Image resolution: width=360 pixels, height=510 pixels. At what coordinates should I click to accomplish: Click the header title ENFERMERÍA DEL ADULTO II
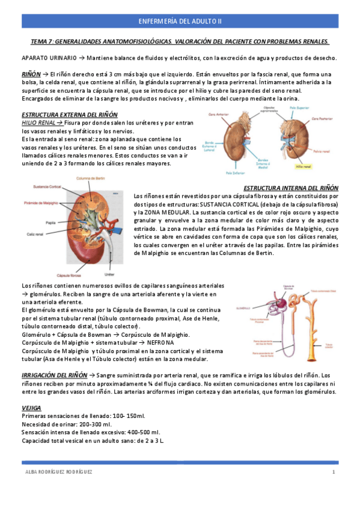[180, 21]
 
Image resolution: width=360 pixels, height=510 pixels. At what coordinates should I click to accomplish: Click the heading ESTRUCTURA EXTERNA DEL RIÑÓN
[70, 114]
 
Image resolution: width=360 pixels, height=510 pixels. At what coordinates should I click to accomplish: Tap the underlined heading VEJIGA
[31, 408]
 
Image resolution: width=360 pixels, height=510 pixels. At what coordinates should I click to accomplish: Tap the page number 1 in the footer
[333, 472]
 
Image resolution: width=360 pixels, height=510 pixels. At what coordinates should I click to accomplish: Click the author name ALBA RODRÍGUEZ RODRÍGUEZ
[58, 472]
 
